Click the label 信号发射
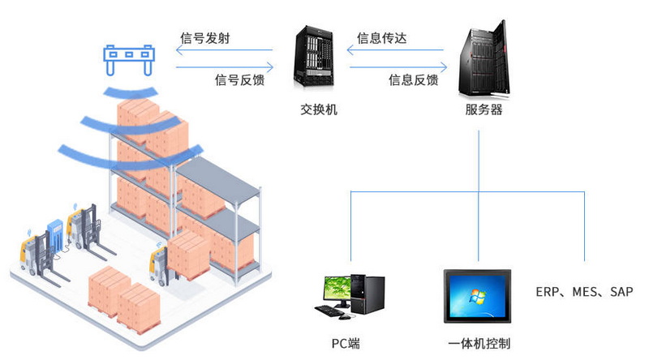pyautogui.click(x=205, y=38)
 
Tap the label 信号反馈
pyautogui.click(x=239, y=79)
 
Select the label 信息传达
pyautogui.click(x=381, y=38)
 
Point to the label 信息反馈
pyautogui.click(x=414, y=79)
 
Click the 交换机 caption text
pyautogui.click(x=319, y=109)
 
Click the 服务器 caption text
pyautogui.click(x=484, y=109)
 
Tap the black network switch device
pyautogui.click(x=314, y=57)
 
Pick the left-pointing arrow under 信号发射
pyautogui.click(x=225, y=50)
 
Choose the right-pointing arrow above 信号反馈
pyautogui.click(x=225, y=66)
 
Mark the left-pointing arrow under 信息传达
pyautogui.click(x=395, y=50)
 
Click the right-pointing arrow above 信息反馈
pyautogui.click(x=398, y=66)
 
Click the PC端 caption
pyautogui.click(x=346, y=344)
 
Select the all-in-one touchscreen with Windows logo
pyautogui.click(x=477, y=296)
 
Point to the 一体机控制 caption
pyautogui.click(x=479, y=344)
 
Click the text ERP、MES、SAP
pyautogui.click(x=584, y=292)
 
